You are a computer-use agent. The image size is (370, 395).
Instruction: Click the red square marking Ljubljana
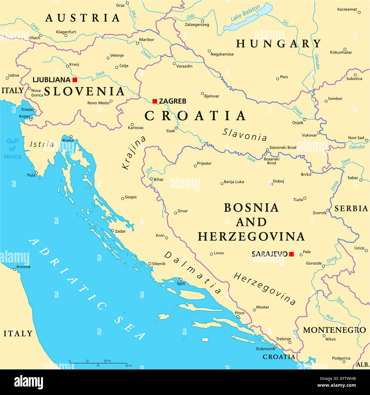75,80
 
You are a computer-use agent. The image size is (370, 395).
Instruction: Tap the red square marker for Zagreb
155,101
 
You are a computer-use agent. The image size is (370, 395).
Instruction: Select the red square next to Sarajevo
291,254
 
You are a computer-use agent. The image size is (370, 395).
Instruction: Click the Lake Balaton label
245,13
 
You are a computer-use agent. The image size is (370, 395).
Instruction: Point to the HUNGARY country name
279,44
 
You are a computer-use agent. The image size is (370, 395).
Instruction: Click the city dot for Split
180,280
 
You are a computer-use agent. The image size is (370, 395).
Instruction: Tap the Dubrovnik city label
266,349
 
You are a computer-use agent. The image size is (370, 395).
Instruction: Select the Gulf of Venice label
13,149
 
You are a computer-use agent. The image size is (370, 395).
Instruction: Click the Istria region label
42,144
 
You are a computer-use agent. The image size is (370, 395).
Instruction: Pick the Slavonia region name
245,135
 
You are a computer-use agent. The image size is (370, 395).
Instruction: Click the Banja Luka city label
234,182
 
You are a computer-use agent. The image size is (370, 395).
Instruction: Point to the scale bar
98,363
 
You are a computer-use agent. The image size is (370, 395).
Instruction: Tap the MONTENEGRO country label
334,330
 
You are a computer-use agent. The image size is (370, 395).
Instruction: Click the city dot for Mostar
254,310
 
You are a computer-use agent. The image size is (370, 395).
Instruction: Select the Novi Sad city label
356,138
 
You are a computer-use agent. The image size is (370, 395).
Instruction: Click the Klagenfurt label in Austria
66,32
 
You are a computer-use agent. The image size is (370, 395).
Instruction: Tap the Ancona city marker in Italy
15,269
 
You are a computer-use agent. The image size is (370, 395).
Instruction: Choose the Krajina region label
133,153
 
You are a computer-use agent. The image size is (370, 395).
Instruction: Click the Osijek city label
298,123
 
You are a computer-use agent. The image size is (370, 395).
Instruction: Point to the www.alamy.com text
336,386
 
